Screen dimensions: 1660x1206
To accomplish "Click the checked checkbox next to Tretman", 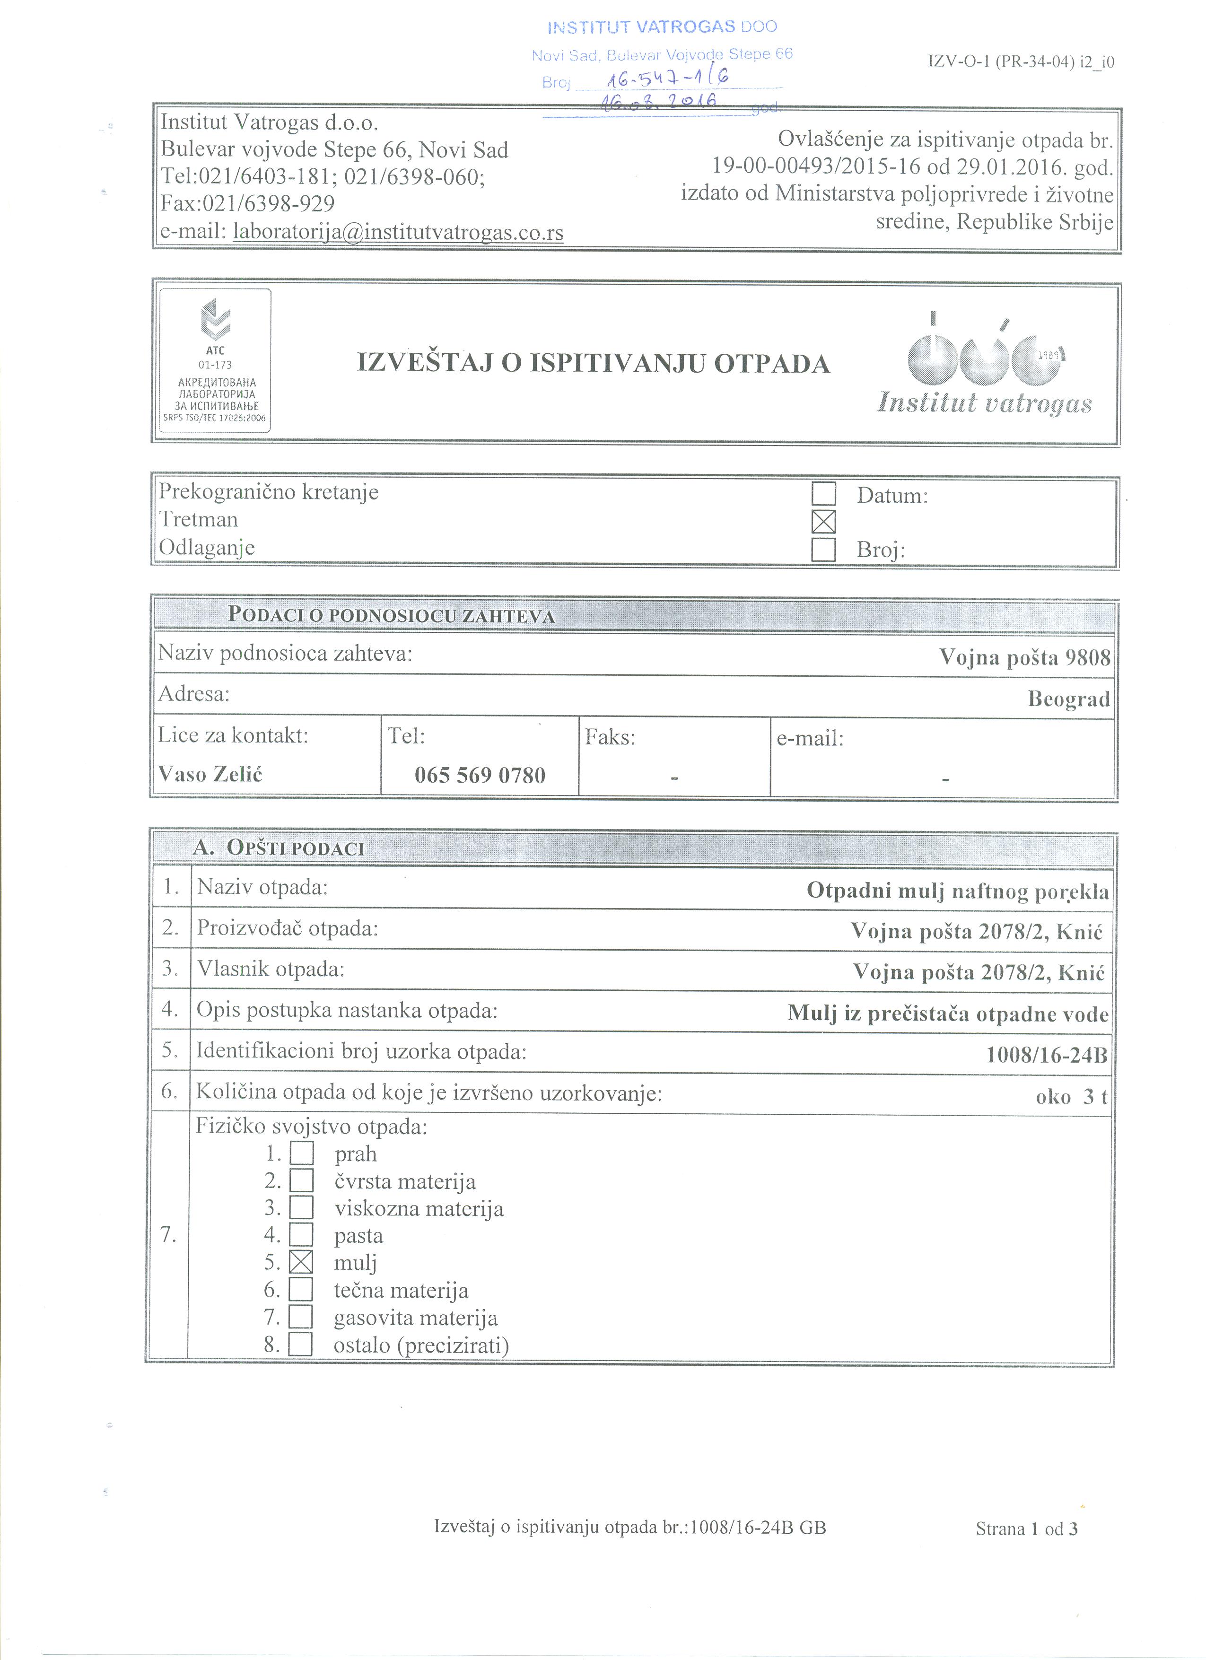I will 824,522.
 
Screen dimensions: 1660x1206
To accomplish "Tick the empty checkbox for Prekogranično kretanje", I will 824,494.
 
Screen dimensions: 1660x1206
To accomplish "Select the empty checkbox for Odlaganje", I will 824,549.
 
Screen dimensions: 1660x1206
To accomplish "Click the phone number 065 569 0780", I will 480,775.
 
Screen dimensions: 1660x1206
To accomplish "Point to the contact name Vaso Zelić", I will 211,774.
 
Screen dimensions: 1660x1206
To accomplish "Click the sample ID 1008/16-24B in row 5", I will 1047,1056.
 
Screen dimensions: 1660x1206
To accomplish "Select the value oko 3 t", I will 1071,1096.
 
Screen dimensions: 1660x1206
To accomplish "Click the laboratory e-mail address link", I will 398,232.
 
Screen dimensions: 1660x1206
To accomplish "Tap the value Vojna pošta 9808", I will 1024,657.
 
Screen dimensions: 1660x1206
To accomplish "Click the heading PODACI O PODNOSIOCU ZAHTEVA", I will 392,615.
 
